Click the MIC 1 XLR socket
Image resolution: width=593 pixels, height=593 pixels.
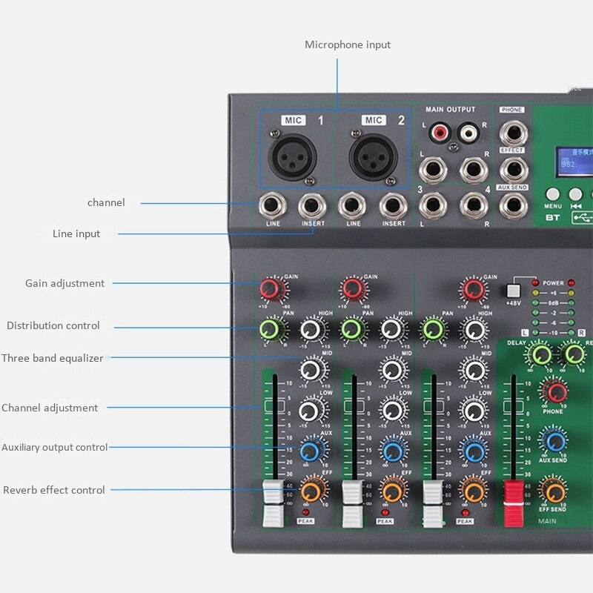pyautogui.click(x=292, y=156)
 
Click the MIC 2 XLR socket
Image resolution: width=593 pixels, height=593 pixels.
pyautogui.click(x=374, y=156)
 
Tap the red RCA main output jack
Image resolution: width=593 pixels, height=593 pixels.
pyautogui.click(x=441, y=133)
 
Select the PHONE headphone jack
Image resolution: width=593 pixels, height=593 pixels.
pyautogui.click(x=512, y=133)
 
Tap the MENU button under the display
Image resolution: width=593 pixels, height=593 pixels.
pyautogui.click(x=553, y=195)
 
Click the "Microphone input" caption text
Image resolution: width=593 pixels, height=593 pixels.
pyautogui.click(x=347, y=44)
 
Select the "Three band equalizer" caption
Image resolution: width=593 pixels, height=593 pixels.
pyautogui.click(x=53, y=358)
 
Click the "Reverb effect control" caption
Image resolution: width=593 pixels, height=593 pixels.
pyautogui.click(x=54, y=490)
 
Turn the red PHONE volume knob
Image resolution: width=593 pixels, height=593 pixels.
pyautogui.click(x=553, y=391)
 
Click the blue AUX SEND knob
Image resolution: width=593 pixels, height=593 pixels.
pyautogui.click(x=553, y=442)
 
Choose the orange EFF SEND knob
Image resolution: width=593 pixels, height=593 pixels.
pyautogui.click(x=553, y=490)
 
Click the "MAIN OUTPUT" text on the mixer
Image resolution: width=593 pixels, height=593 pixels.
pyautogui.click(x=450, y=110)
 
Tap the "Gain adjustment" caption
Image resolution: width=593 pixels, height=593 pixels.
pyautogui.click(x=65, y=283)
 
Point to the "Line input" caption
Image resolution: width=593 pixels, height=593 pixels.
pyautogui.click(x=76, y=233)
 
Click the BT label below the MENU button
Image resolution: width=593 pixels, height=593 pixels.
pyautogui.click(x=553, y=217)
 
